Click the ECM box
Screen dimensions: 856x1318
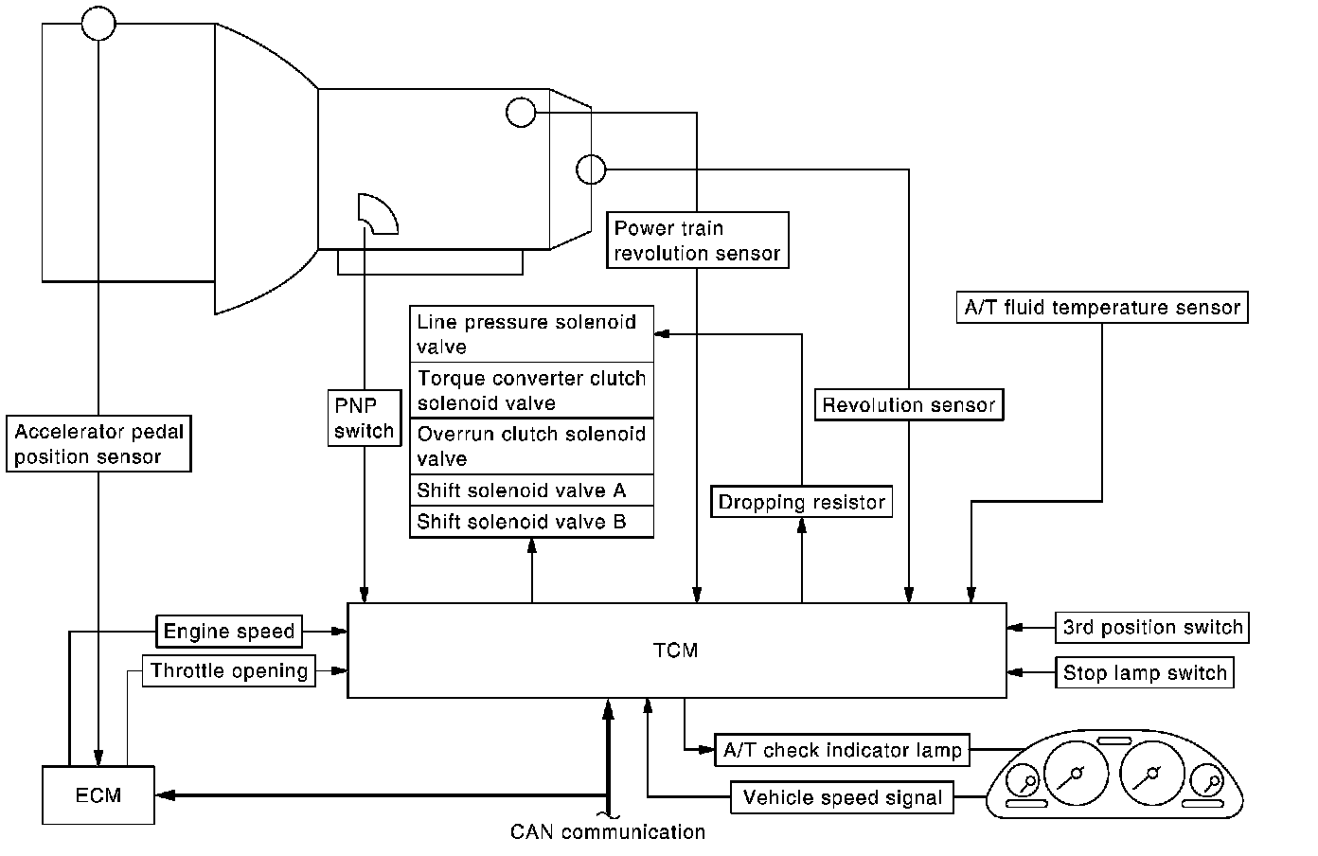pyautogui.click(x=98, y=794)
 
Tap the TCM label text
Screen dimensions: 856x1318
pyautogui.click(x=676, y=651)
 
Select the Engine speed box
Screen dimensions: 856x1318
pyautogui.click(x=229, y=631)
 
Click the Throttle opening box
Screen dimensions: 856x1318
pyautogui.click(x=228, y=671)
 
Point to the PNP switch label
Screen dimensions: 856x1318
pyautogui.click(x=364, y=418)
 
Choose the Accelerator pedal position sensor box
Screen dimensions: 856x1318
pyautogui.click(x=98, y=444)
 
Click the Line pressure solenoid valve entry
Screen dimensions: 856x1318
pyautogui.click(x=531, y=334)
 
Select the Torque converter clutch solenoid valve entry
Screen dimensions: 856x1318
pyautogui.click(x=531, y=390)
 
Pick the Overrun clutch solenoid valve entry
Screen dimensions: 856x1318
pyautogui.click(x=531, y=446)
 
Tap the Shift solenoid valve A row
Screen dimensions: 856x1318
pyautogui.click(x=531, y=490)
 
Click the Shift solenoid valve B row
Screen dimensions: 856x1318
pyautogui.click(x=531, y=522)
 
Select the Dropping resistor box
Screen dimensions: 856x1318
pyautogui.click(x=801, y=502)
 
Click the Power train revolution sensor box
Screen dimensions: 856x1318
pyautogui.click(x=697, y=241)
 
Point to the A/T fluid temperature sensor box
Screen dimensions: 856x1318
pyautogui.click(x=1102, y=308)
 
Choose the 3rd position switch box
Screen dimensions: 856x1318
pyautogui.click(x=1152, y=627)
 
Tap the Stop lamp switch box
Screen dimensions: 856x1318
pyautogui.click(x=1145, y=672)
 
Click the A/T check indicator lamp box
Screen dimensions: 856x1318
pyautogui.click(x=842, y=751)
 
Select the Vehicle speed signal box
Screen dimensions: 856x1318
pyautogui.click(x=842, y=797)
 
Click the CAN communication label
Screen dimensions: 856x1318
pyautogui.click(x=608, y=832)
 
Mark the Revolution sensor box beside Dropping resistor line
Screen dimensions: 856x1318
pyautogui.click(x=909, y=405)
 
